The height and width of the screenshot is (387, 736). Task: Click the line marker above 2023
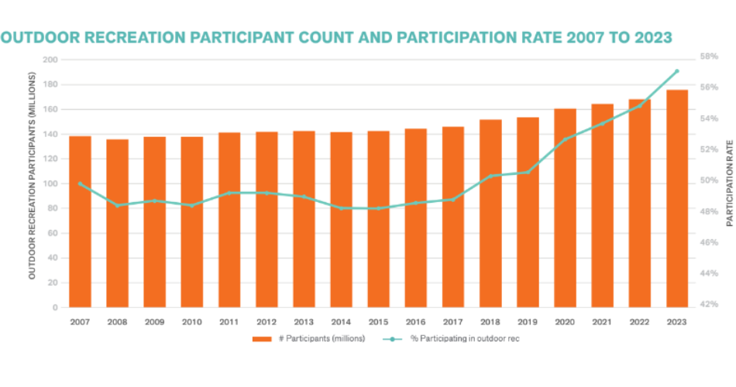(676, 71)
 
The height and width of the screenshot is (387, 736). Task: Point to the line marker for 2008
(118, 205)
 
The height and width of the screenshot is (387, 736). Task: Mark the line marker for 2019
(528, 172)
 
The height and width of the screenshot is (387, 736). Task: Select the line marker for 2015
(378, 208)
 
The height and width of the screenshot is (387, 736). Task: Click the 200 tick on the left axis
(50, 60)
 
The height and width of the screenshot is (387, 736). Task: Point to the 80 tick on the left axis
(53, 208)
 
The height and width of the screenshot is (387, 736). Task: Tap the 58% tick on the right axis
(709, 57)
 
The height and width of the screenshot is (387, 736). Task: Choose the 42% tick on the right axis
(709, 304)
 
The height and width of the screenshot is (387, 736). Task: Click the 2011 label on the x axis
(229, 321)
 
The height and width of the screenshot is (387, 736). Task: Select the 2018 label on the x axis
(490, 321)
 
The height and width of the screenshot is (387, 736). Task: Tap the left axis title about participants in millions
(33, 176)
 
